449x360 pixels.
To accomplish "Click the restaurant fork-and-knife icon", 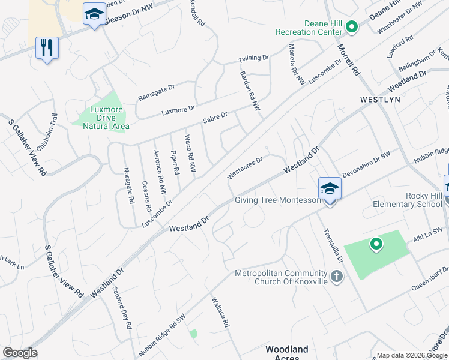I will click(47, 47).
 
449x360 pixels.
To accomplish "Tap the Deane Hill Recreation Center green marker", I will click(352, 27).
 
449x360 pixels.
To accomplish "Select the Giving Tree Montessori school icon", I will click(330, 189).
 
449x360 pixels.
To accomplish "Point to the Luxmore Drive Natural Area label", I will click(101, 118).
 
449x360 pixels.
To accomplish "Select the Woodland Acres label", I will click(286, 353).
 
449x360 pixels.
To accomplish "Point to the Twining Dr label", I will click(253, 58).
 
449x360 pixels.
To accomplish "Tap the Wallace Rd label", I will click(220, 311).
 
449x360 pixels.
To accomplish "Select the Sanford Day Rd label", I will click(122, 308).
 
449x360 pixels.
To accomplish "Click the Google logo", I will click(20, 353).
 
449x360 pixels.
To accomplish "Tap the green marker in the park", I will click(376, 244).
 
